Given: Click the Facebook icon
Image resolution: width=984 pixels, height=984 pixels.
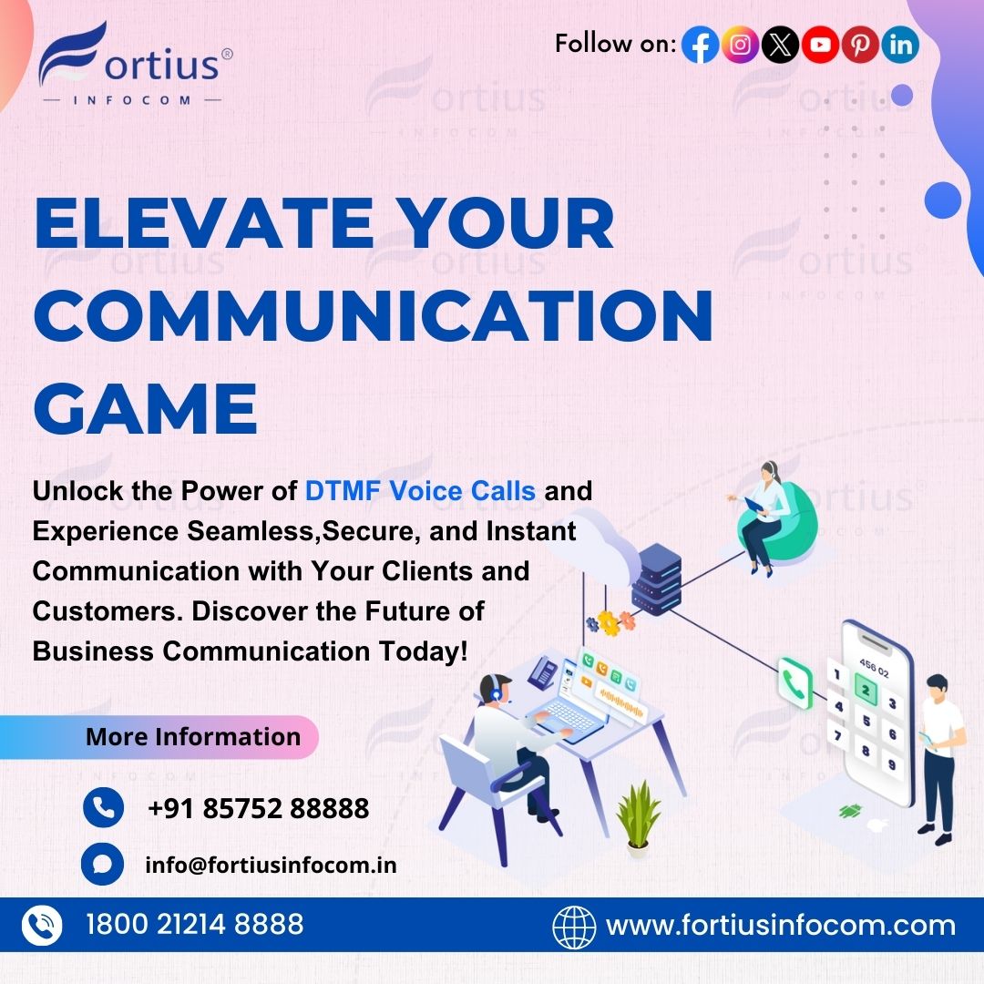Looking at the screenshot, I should click(700, 45).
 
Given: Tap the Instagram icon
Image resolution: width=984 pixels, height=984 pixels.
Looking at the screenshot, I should click(740, 45).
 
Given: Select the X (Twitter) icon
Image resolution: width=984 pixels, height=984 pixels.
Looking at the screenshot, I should click(780, 45).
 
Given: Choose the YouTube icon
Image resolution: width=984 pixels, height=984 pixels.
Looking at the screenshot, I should click(820, 45).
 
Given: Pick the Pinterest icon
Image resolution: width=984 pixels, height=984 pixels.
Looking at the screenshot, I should click(860, 45).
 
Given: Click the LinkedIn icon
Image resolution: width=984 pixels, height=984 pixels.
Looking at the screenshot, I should click(900, 45).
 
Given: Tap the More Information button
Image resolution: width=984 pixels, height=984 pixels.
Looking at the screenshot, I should click(192, 736).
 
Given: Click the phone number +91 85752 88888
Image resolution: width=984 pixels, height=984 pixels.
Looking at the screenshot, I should click(258, 808).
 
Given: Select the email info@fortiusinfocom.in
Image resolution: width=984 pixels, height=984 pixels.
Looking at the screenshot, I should click(271, 865).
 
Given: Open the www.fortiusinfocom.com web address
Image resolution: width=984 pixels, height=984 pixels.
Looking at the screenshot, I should click(781, 926).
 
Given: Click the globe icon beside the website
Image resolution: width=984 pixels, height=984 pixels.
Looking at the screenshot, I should click(574, 927).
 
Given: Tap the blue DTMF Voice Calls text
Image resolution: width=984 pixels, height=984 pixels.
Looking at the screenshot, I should click(420, 491).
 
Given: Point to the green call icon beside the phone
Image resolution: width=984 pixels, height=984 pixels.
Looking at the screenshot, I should click(794, 682).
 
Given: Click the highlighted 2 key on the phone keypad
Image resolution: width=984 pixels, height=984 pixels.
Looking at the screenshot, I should click(866, 692).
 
